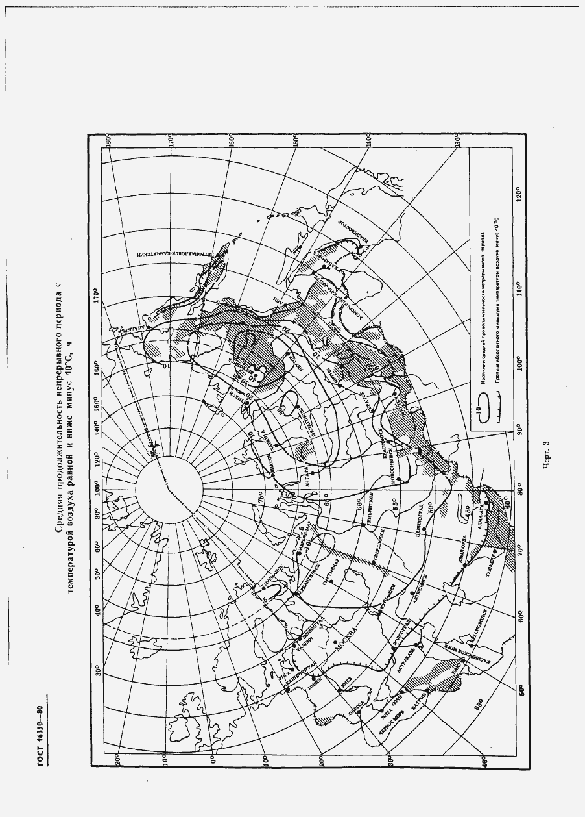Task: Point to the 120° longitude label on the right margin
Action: coord(519,195)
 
